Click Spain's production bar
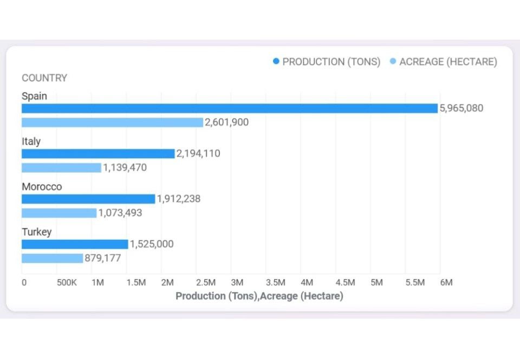[229, 108]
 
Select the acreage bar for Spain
[112, 122]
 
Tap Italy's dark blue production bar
[98, 154]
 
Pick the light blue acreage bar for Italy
[61, 168]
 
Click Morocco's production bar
[88, 199]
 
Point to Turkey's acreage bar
[52, 258]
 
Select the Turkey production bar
[75, 244]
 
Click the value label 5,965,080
[461, 108]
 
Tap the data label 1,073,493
[120, 213]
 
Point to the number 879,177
[103, 258]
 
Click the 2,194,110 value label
[199, 154]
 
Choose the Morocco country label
[42, 187]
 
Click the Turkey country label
[37, 232]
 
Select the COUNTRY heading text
[44, 78]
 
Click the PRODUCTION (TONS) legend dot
[276, 62]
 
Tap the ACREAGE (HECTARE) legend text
[448, 62]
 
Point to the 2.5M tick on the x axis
[205, 283]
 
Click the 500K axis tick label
[66, 283]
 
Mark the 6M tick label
[446, 283]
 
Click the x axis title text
[259, 296]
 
